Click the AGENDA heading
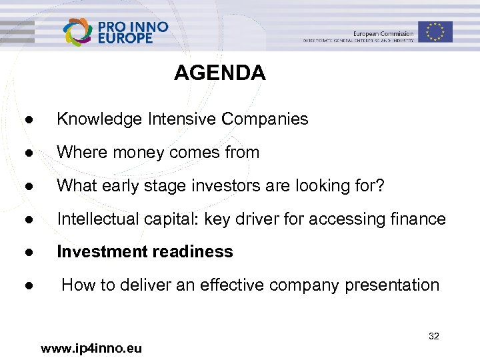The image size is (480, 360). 219,73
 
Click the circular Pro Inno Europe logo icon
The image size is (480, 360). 79,31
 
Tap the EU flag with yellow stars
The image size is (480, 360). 435,31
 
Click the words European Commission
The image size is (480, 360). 383,33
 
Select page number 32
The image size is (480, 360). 433,336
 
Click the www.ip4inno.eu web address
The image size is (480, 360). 91,348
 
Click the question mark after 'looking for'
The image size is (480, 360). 380,185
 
